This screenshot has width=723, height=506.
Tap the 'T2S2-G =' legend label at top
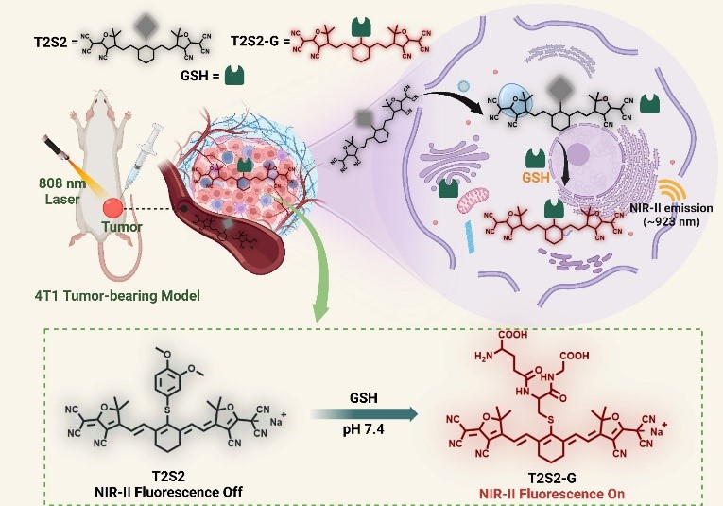coord(257,43)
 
